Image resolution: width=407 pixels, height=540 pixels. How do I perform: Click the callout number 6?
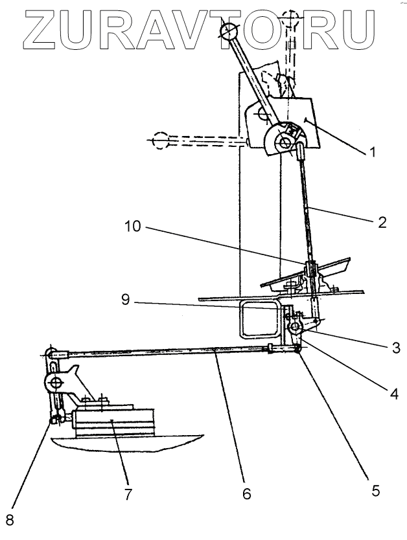[x=246, y=493]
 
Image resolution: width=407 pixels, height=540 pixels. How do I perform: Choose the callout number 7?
[x=128, y=494]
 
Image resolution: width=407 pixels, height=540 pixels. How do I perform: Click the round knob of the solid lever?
[x=229, y=30]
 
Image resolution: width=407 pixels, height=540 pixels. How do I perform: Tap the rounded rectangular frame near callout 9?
[x=259, y=319]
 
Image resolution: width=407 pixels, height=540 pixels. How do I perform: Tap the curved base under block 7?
[x=130, y=446]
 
